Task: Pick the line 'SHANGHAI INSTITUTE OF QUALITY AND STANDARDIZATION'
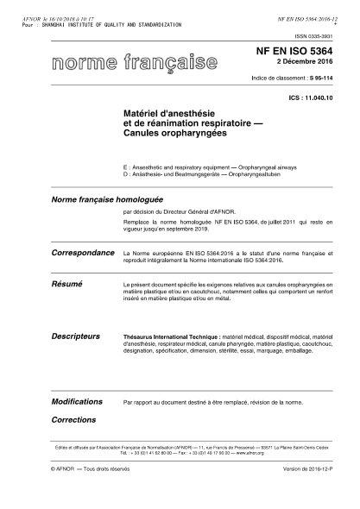119,25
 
